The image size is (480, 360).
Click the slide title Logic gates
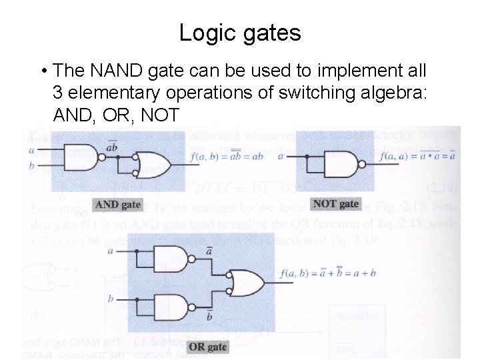[x=240, y=33]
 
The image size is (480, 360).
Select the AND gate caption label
[x=117, y=205]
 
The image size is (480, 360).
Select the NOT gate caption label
[x=335, y=204]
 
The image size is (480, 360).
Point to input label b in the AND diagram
[x=32, y=165]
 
